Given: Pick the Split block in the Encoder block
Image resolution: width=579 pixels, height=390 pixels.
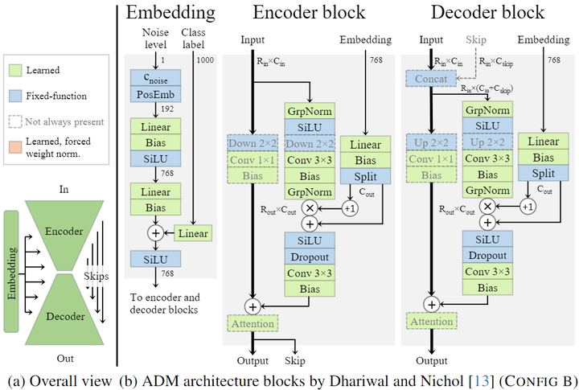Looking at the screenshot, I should (x=364, y=175).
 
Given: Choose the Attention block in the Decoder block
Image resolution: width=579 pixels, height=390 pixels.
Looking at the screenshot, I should (x=432, y=322).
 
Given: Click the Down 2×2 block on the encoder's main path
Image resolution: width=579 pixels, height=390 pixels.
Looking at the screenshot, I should (x=252, y=143).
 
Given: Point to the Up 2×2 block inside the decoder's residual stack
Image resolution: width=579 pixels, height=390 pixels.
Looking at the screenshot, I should (x=487, y=143).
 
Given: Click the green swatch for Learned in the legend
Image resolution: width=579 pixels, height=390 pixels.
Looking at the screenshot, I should (x=15, y=70).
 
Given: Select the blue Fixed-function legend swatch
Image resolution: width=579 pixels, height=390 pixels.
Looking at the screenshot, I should (x=15, y=96).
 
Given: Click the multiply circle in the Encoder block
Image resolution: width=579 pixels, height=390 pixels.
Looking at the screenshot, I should (x=308, y=207).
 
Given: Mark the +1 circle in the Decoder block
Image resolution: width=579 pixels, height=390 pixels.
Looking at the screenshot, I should (x=527, y=207).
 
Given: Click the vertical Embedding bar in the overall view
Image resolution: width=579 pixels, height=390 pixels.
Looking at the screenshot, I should (x=11, y=271).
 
